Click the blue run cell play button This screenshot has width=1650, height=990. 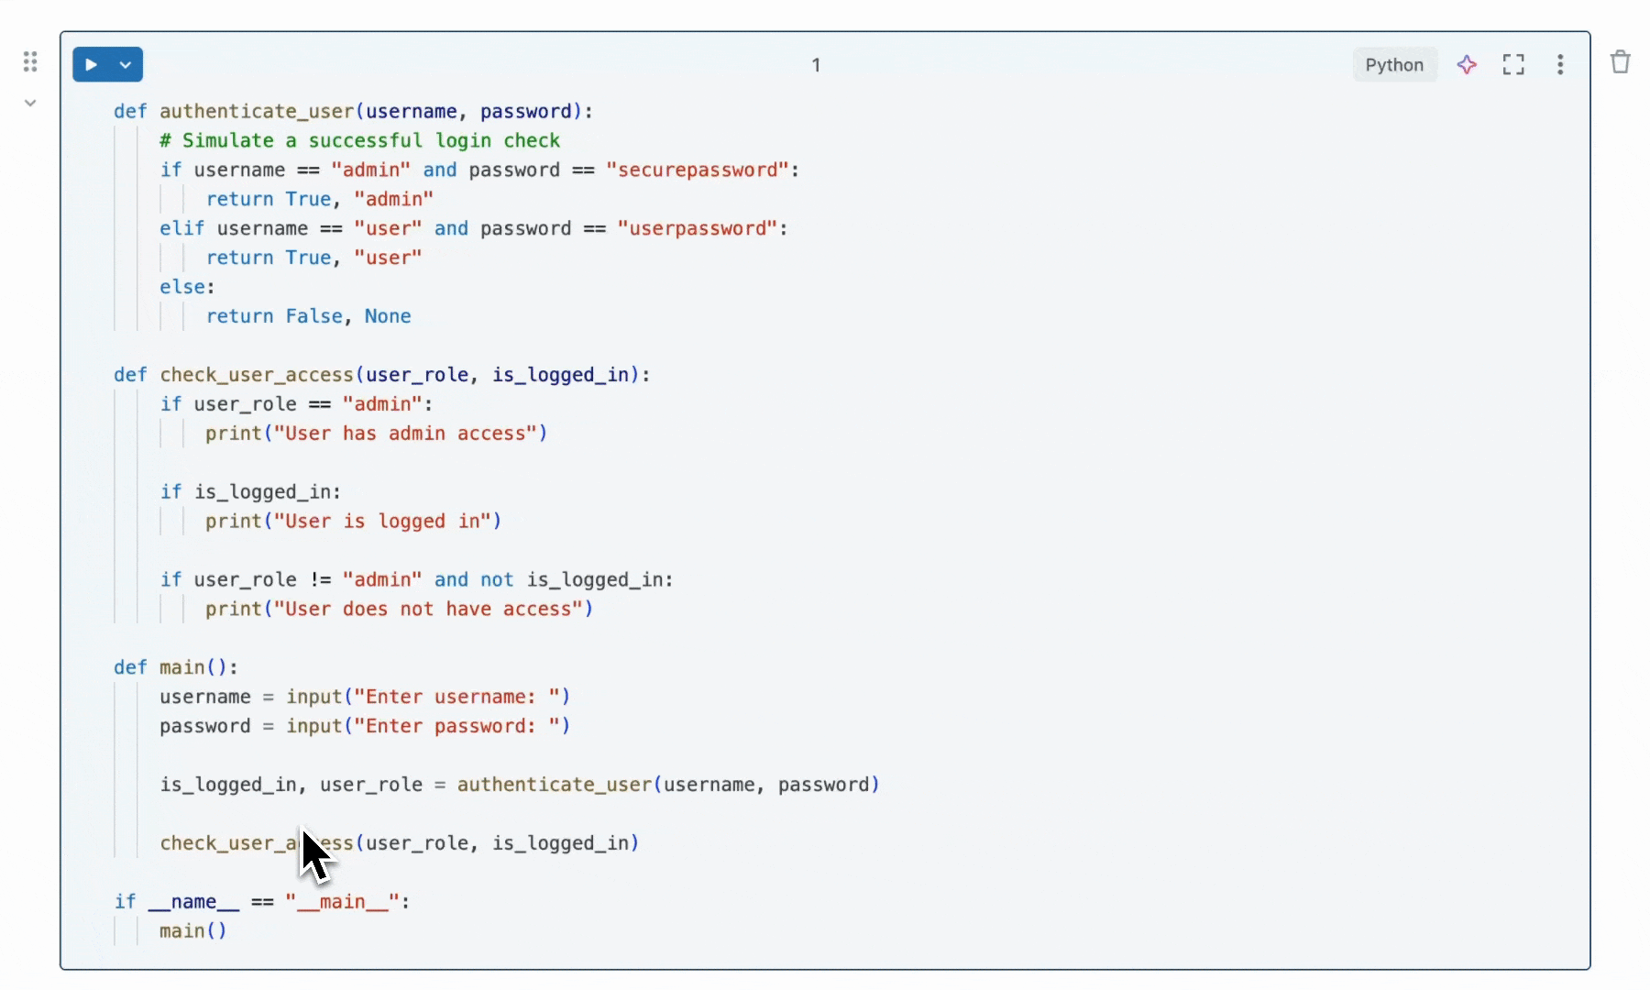click(x=92, y=65)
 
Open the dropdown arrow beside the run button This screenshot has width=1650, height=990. click(x=126, y=65)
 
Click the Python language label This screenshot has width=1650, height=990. click(x=1393, y=65)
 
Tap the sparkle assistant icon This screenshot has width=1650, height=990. click(x=1467, y=65)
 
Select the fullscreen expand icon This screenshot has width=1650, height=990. click(x=1513, y=65)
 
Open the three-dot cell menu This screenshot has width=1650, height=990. click(x=1560, y=65)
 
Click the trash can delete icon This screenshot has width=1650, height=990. click(x=1620, y=62)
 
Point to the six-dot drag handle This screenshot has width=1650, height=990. click(x=30, y=62)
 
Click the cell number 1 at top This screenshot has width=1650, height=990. click(x=816, y=65)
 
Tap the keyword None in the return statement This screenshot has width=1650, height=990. click(x=388, y=316)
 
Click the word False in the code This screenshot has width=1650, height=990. click(x=313, y=316)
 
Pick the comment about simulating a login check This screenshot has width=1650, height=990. click(x=359, y=141)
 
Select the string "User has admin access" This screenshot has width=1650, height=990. click(x=405, y=434)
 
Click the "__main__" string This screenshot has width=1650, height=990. click(x=342, y=902)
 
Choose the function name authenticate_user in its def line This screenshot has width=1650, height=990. click(x=257, y=112)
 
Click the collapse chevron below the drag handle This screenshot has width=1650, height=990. click(x=30, y=103)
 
